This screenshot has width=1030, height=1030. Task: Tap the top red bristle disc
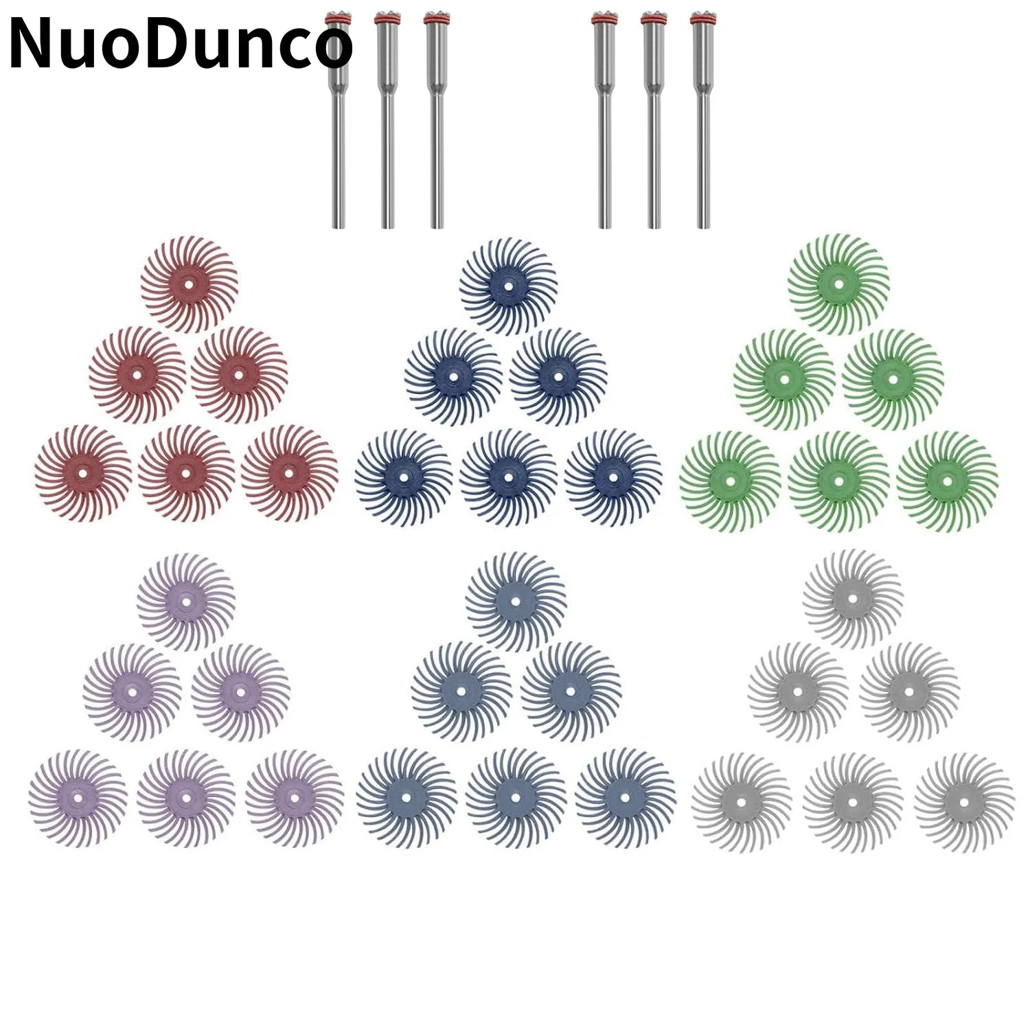(190, 284)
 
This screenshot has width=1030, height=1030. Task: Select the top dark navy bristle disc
(508, 285)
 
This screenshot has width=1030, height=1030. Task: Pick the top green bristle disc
(838, 284)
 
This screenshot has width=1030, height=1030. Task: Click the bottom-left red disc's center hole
(83, 473)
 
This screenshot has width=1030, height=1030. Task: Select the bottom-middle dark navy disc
(508, 478)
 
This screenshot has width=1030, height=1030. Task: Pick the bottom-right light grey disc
(964, 803)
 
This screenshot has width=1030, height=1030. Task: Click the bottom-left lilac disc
(78, 798)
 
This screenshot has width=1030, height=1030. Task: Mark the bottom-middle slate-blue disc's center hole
(516, 798)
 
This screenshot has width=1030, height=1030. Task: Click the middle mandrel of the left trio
(387, 119)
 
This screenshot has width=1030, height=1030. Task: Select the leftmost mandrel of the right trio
(604, 119)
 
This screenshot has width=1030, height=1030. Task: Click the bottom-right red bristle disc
(289, 473)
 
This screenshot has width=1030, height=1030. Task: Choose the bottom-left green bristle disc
(730, 481)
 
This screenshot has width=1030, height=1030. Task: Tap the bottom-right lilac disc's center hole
(295, 798)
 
